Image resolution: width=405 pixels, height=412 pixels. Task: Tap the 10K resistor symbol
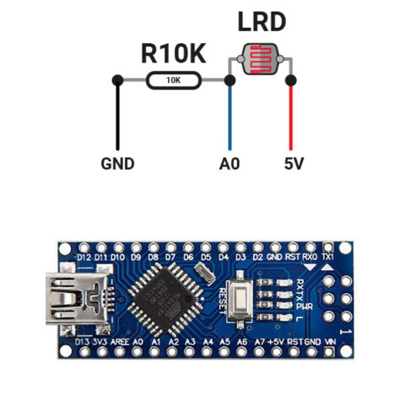point(173,81)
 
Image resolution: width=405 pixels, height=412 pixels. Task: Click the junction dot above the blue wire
point(229,81)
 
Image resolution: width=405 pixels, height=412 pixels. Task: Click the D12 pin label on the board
point(84,257)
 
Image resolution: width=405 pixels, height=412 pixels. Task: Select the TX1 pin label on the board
point(327,257)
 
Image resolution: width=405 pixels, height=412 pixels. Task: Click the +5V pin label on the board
point(275,341)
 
